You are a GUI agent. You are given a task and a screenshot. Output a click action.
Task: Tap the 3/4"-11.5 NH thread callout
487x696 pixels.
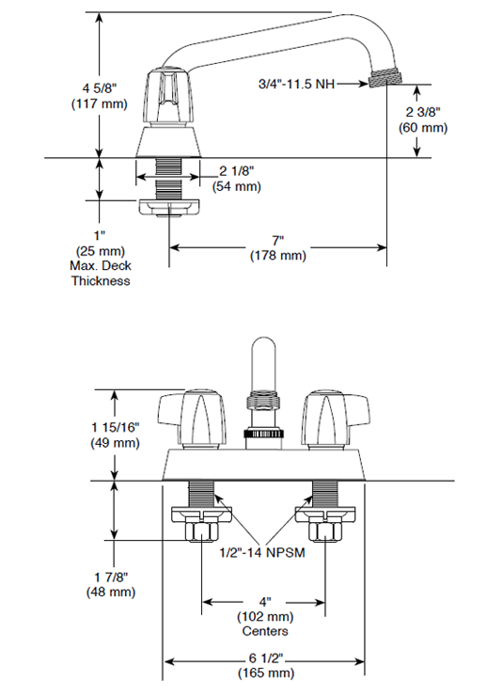tap(297, 84)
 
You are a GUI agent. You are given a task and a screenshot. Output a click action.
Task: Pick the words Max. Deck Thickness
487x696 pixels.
tap(100, 273)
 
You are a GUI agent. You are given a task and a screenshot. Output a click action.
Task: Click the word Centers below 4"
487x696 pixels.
tap(264, 631)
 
